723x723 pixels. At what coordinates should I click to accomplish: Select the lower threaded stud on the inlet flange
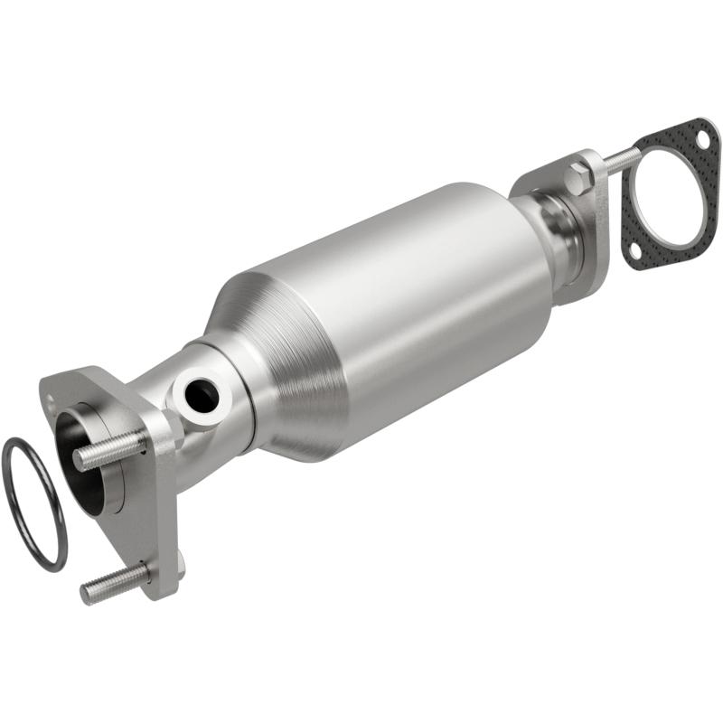click(113, 583)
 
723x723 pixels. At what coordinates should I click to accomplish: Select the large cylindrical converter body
click(407, 298)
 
